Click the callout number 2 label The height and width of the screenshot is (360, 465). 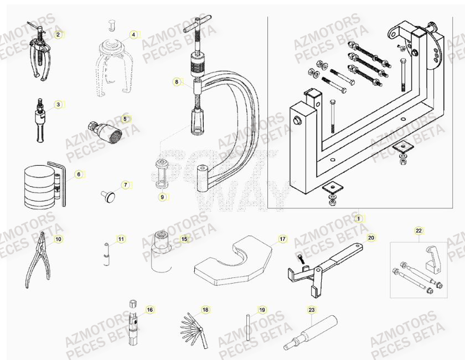coord(58,34)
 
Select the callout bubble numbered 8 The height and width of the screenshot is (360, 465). coord(177,82)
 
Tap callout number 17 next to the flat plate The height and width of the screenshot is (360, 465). coord(282,239)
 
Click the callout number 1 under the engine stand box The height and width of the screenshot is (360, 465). coord(358,218)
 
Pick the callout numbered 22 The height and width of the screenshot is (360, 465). coord(418,230)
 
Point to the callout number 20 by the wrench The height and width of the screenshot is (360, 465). coord(371,238)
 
